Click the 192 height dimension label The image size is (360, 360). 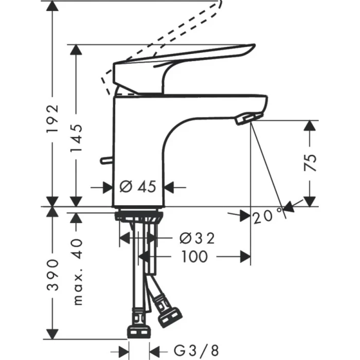pyautogui.click(x=52, y=120)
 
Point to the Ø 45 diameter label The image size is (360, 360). pyautogui.click(x=138, y=187)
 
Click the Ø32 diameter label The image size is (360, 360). pyautogui.click(x=196, y=238)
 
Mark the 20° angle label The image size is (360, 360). pyautogui.click(x=267, y=217)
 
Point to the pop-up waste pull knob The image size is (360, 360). pyautogui.click(x=106, y=160)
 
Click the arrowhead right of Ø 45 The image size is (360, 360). pyautogui.click(x=170, y=187)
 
